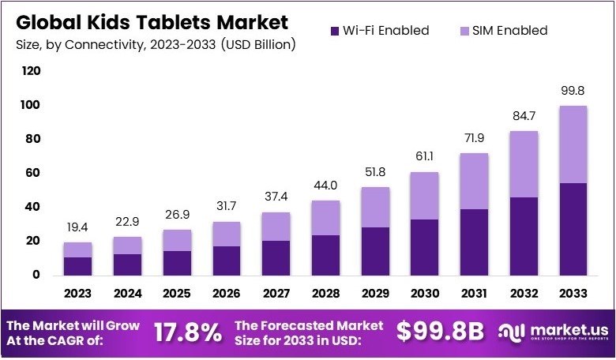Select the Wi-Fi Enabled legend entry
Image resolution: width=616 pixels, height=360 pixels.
(x=378, y=31)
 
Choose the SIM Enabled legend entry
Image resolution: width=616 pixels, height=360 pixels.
(x=505, y=31)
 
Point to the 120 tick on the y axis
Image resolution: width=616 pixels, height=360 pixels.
(x=30, y=71)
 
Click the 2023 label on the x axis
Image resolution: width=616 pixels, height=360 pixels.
(x=77, y=294)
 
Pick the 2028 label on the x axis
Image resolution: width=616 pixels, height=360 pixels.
(x=325, y=294)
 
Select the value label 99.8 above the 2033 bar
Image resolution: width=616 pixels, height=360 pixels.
(x=573, y=91)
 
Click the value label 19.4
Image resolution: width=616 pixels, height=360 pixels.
(x=77, y=227)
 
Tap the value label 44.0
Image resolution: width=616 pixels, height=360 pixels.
(x=325, y=186)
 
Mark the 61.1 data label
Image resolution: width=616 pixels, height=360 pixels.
(x=425, y=157)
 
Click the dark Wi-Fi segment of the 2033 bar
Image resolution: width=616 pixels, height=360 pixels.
(x=573, y=229)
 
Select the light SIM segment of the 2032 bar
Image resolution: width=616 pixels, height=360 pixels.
(x=524, y=164)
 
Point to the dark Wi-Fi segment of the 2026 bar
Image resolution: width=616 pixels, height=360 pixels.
(x=227, y=261)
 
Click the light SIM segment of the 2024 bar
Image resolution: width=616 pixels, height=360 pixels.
(x=127, y=245)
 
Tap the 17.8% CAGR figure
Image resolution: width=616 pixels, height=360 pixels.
(x=188, y=332)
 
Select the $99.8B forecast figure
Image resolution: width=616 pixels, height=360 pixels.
(x=438, y=332)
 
